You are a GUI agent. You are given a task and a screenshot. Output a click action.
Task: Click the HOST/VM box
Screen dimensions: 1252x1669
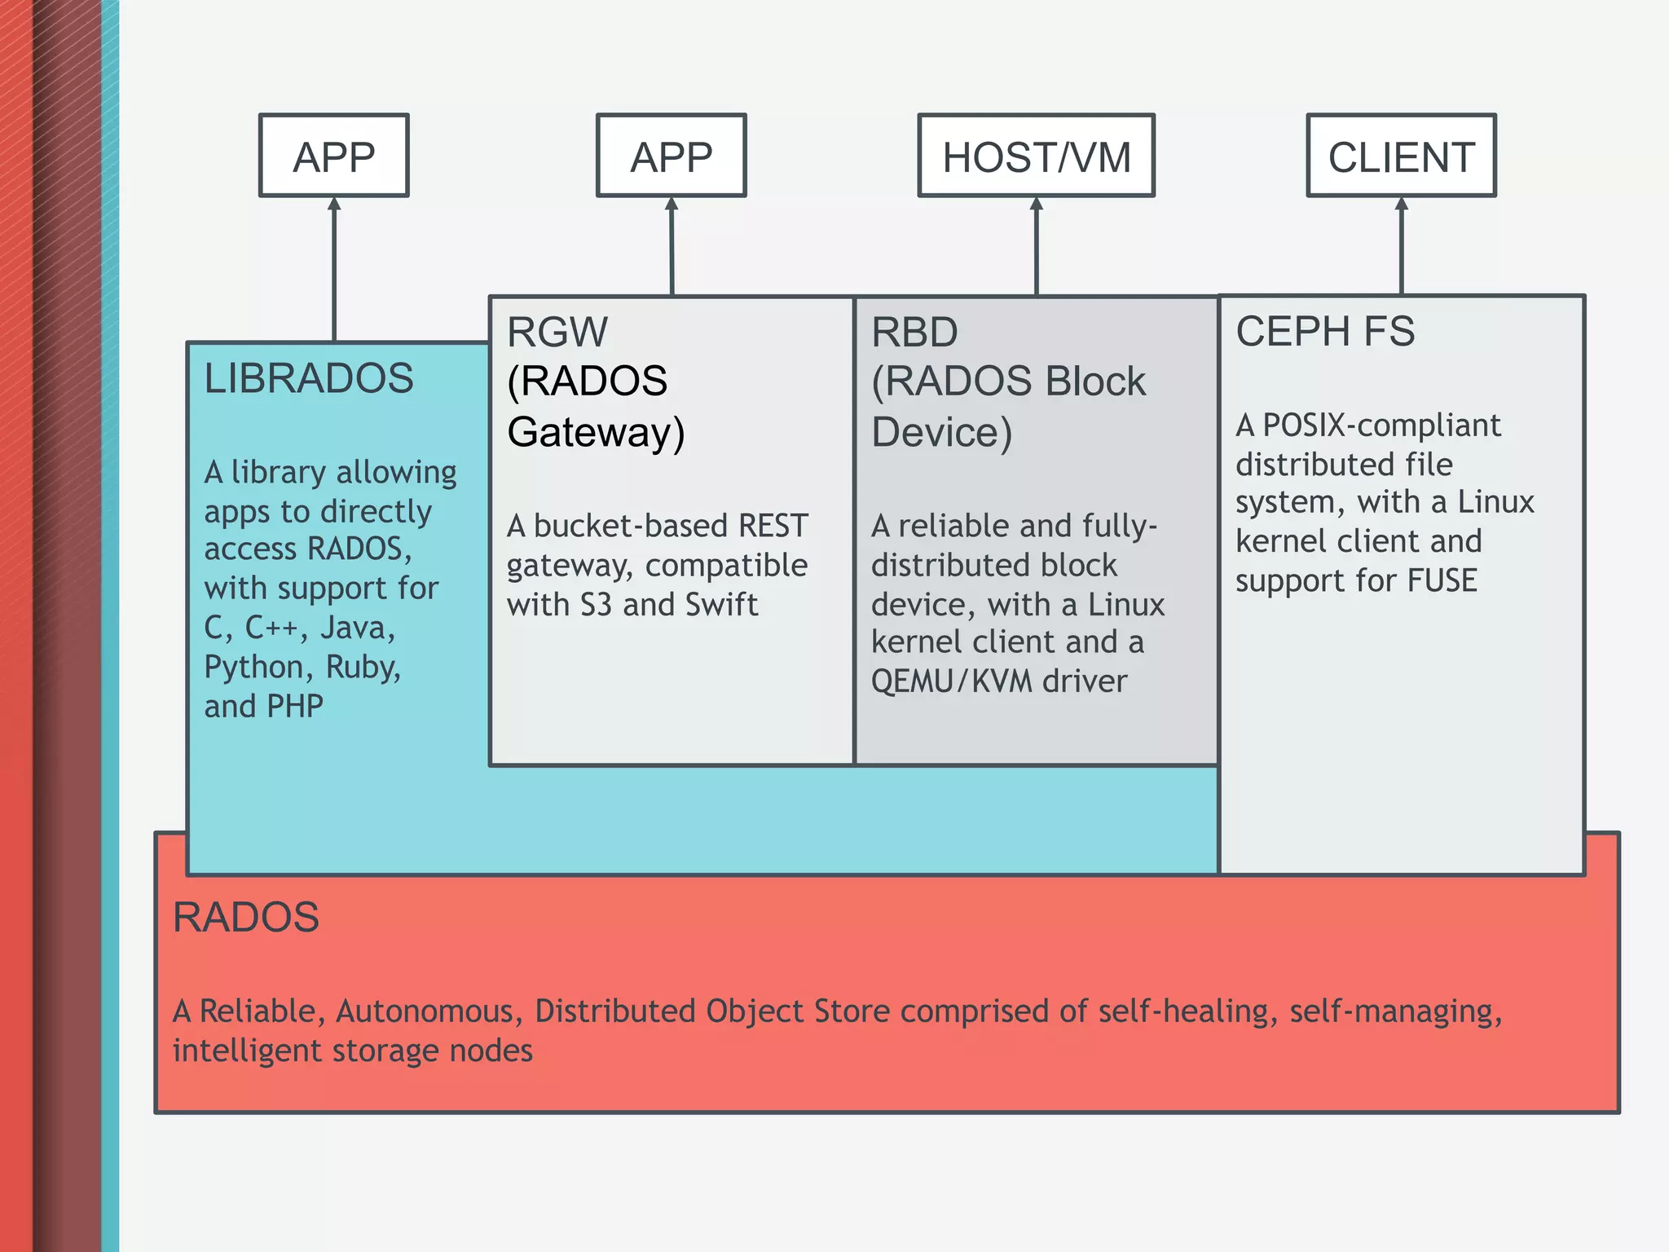1036,156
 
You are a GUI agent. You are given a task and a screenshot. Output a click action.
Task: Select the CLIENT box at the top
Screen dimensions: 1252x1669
1401,156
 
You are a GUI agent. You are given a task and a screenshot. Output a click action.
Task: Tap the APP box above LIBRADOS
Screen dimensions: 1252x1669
333,156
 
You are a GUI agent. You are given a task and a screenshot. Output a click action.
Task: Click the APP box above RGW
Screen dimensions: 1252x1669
671,156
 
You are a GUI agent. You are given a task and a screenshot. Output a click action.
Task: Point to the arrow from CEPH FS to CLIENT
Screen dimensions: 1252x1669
1401,245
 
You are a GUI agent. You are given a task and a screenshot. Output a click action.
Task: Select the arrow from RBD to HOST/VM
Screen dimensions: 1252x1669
1036,245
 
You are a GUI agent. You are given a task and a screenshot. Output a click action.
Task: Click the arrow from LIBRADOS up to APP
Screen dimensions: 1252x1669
333,269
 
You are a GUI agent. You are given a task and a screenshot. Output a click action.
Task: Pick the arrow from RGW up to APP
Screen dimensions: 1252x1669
672,245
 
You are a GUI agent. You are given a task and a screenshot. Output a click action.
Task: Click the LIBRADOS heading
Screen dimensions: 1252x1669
309,378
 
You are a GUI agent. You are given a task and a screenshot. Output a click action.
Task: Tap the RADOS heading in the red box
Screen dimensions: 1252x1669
245,917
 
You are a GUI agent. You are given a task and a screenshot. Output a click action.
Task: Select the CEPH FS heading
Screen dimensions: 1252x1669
1325,331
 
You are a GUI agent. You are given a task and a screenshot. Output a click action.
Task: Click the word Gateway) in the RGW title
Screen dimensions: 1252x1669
596,432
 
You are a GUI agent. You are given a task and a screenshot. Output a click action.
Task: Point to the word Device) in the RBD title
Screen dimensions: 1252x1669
941,432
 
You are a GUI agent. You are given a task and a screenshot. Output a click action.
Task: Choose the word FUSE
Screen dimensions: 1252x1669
1442,580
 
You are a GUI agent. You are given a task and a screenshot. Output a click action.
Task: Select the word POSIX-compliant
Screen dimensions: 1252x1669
1381,425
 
